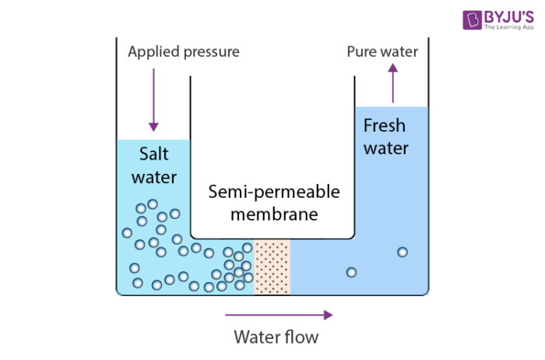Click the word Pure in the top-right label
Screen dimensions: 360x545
coord(362,52)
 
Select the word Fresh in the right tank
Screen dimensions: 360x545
coord(386,125)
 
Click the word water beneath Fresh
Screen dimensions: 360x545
coord(386,148)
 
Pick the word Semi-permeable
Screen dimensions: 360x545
coord(273,192)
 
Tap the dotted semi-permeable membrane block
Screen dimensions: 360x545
coord(272,267)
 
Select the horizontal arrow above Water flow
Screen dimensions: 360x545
coord(279,315)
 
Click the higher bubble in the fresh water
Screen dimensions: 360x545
coord(403,252)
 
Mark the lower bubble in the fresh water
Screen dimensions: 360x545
coord(351,272)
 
